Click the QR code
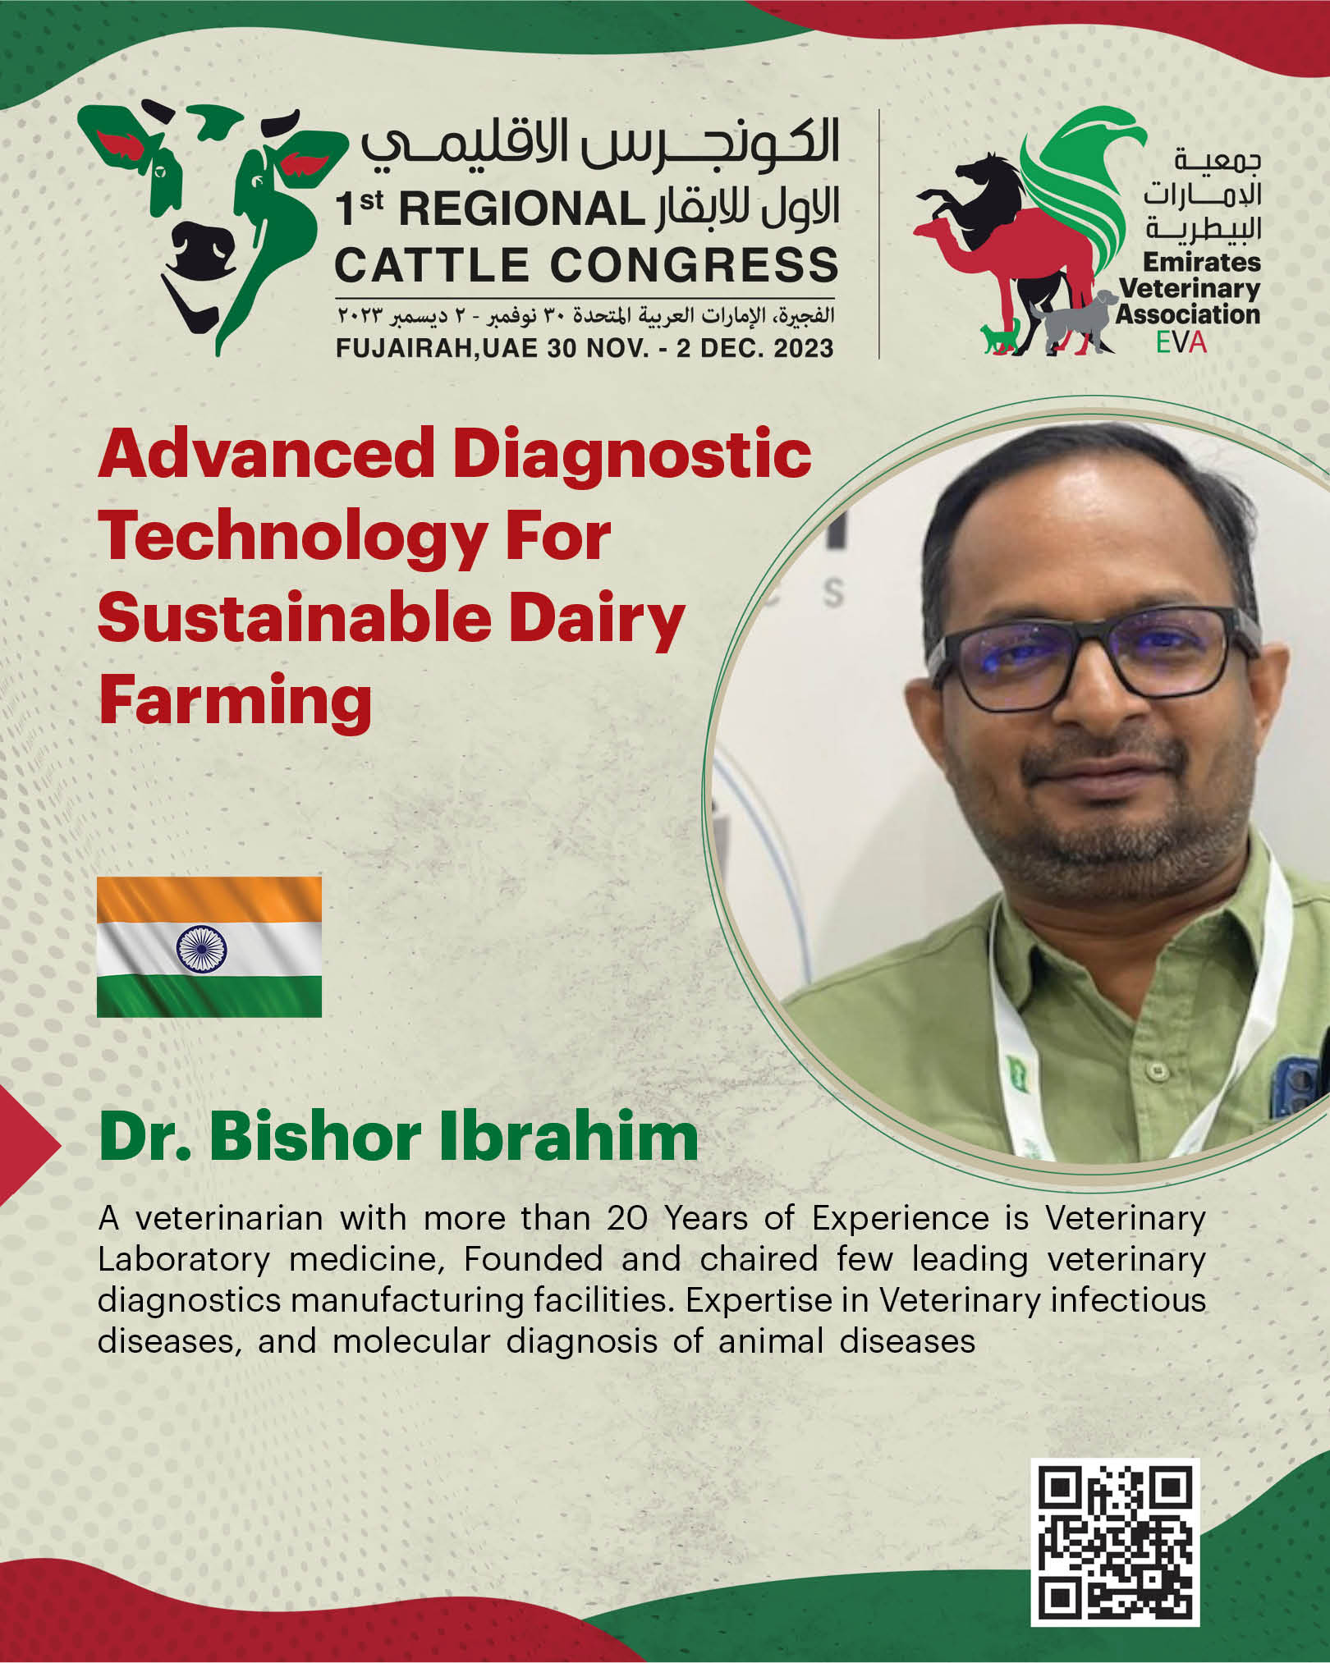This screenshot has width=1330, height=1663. point(1115,1542)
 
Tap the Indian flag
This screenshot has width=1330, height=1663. point(209,946)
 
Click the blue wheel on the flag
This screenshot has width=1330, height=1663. point(202,949)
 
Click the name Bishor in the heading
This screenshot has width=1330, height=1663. point(315,1138)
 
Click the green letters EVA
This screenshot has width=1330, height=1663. point(1181,341)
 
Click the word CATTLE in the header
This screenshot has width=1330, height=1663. point(432,265)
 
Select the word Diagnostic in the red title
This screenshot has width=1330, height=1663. point(631,456)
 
